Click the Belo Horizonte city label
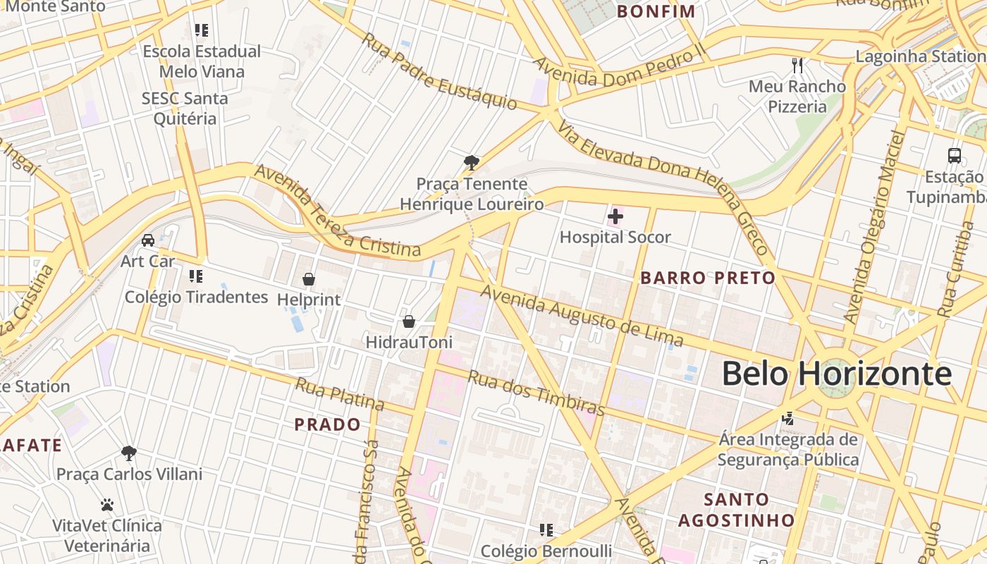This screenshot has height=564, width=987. click(836, 374)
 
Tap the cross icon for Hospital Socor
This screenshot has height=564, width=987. click(615, 216)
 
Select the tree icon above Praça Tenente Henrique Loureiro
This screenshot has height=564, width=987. click(472, 164)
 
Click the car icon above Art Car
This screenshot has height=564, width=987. click(148, 240)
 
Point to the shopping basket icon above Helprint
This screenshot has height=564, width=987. click(308, 279)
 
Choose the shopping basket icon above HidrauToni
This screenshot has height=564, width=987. click(409, 321)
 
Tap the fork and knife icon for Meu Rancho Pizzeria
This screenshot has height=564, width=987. click(797, 66)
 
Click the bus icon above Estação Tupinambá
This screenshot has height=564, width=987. click(955, 156)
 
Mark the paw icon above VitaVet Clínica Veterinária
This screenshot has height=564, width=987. click(107, 505)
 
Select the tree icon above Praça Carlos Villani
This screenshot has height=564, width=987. click(128, 453)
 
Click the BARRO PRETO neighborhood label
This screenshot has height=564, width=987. click(708, 278)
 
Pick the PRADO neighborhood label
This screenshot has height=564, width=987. click(327, 424)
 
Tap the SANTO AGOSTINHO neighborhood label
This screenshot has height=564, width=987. click(737, 510)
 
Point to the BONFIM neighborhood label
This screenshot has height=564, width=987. click(656, 11)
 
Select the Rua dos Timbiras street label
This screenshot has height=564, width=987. click(537, 393)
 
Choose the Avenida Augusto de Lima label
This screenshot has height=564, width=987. click(582, 317)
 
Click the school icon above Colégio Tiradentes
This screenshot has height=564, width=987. click(196, 276)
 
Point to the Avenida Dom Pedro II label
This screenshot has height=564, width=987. click(619, 70)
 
